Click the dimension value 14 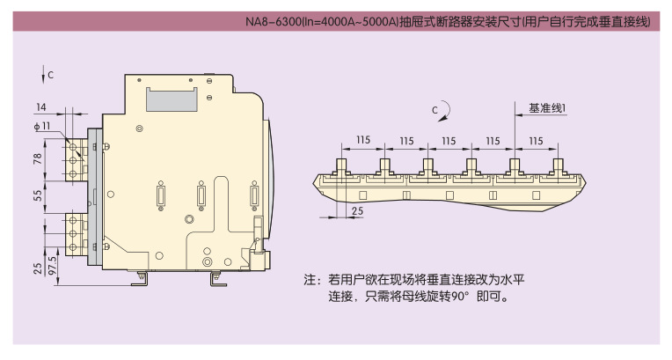tap(41, 107)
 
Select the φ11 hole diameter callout tap(42, 126)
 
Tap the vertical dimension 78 tap(38, 158)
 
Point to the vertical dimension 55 tap(38, 195)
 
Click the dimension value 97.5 tap(53, 266)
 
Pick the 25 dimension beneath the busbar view tap(357, 210)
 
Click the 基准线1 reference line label tap(547, 108)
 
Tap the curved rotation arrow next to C tap(447, 110)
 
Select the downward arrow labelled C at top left tap(43, 74)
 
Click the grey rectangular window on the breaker tap(172, 99)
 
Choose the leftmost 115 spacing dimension tap(362, 140)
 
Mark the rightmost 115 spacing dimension tap(536, 141)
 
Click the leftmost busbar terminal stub tap(341, 166)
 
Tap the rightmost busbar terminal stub tap(558, 166)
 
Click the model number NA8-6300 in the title tap(274, 21)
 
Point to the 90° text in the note tap(460, 297)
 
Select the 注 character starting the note tap(310, 280)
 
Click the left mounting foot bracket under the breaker tap(140, 279)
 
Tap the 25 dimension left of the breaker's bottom tap(38, 268)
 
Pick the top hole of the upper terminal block tap(73, 147)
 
